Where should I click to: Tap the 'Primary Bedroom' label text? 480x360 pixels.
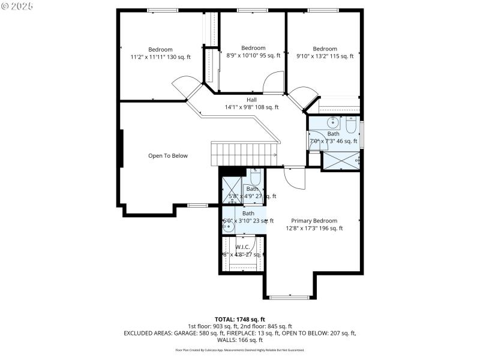point(314,221)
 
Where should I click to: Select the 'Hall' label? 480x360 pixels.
point(252,100)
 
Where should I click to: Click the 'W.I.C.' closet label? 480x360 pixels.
point(242,247)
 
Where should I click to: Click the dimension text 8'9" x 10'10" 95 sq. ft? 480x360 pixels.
point(253,56)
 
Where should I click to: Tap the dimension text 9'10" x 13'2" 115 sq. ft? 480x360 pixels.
point(325,56)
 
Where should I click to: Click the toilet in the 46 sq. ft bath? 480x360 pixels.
point(352,125)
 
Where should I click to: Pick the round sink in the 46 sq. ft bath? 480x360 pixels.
point(333,124)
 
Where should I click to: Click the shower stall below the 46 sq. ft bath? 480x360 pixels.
point(341,161)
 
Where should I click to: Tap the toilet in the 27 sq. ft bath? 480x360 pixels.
point(254,179)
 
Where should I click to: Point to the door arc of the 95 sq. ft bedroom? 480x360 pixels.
point(274,82)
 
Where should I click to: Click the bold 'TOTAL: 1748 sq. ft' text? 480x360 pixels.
point(240,319)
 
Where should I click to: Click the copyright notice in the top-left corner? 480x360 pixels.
point(17,5)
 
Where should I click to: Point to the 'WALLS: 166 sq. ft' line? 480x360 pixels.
point(240,340)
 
